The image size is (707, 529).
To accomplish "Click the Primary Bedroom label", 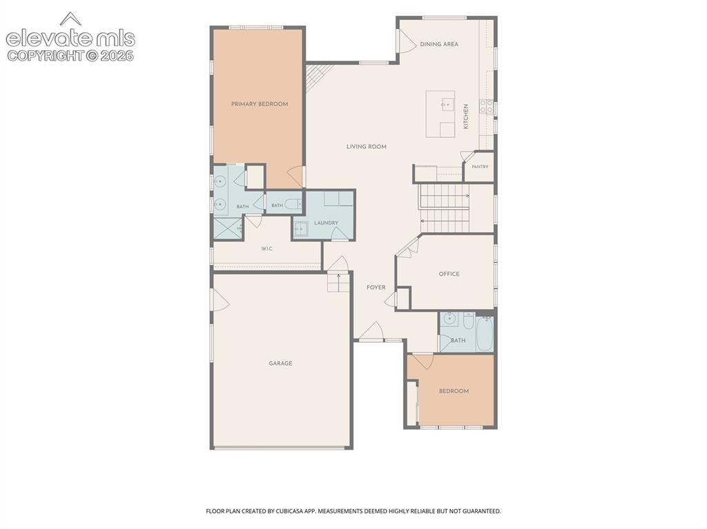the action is coord(260,104).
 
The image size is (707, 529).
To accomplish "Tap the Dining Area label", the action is coord(439,44).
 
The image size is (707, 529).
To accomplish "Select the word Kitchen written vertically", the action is coord(466,117).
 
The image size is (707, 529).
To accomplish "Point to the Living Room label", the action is coord(366,146).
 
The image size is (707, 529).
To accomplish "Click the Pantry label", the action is coord(480,167).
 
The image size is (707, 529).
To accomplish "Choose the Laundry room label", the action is coord(326,223).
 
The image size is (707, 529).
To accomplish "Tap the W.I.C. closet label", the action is coord(267,249).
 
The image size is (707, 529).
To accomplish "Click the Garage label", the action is coord(280,363).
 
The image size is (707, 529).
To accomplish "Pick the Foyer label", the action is coord(376,288).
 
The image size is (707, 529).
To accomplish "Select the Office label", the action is coord(449,274).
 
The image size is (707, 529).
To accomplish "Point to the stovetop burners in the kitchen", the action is coord(486,106).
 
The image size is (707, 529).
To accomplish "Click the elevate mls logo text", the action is coord(70,38).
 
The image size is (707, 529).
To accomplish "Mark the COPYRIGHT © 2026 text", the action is coord(70,56).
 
